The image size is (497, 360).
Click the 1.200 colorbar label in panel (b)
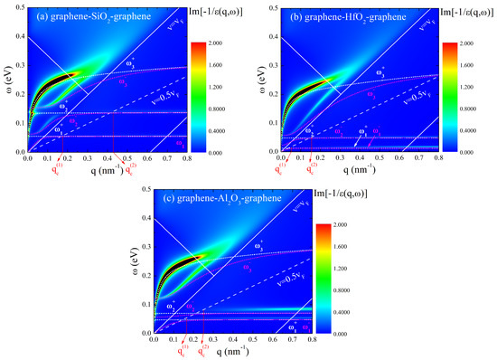474,85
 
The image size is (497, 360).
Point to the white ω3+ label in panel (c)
258,244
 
